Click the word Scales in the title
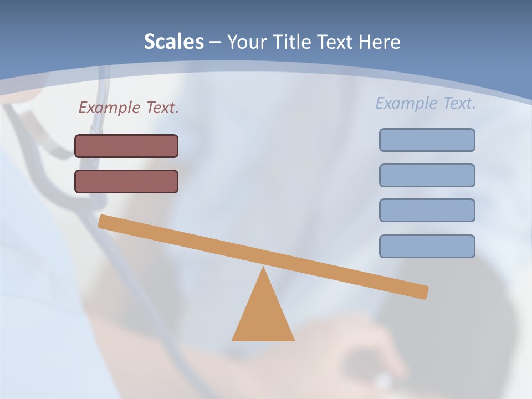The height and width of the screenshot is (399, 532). tap(174, 42)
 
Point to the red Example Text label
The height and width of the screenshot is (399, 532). tap(129, 108)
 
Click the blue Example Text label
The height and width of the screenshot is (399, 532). tap(426, 103)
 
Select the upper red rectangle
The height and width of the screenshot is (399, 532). tap(126, 146)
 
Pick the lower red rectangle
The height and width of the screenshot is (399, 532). tap(126, 181)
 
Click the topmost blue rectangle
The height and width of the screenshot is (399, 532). tap(427, 140)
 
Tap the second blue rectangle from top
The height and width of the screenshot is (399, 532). tap(427, 175)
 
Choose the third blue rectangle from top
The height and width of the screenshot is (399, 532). tap(427, 210)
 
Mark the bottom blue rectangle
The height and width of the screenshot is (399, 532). tap(427, 246)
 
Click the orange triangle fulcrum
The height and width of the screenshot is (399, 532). tap(263, 316)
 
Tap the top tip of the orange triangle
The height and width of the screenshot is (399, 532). tap(263, 269)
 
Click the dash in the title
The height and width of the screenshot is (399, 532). tap(215, 42)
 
